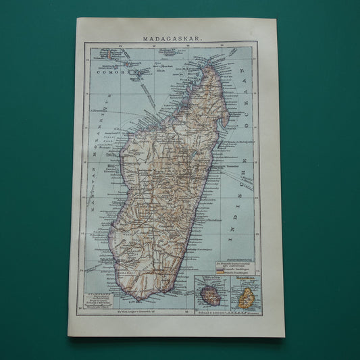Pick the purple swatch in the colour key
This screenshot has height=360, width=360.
click(214, 269)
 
